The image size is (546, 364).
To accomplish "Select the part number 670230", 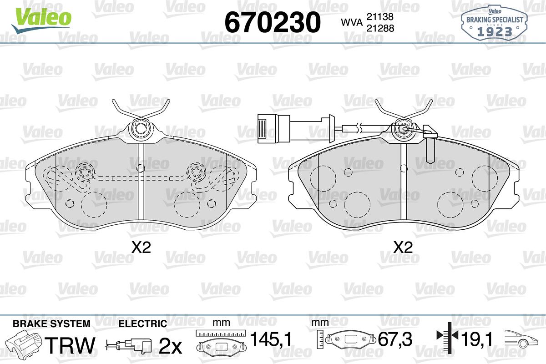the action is pos(272,22).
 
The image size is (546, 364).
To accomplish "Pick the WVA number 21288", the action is pos(380,28).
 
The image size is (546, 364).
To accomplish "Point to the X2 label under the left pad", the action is pos(141,248).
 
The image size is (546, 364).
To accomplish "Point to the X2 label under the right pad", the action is pos(403,248).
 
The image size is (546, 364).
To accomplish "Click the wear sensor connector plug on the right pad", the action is pos(274,129).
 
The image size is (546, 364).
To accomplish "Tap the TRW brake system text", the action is pos(70,345).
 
